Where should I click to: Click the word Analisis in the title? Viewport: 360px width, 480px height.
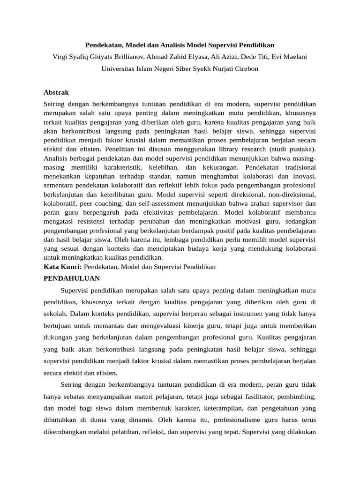coord(174,45)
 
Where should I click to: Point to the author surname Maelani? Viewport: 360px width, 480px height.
coord(293,57)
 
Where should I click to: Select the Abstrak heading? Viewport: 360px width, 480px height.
coord(56,92)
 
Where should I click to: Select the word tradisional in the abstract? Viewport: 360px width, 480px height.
coord(297,167)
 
